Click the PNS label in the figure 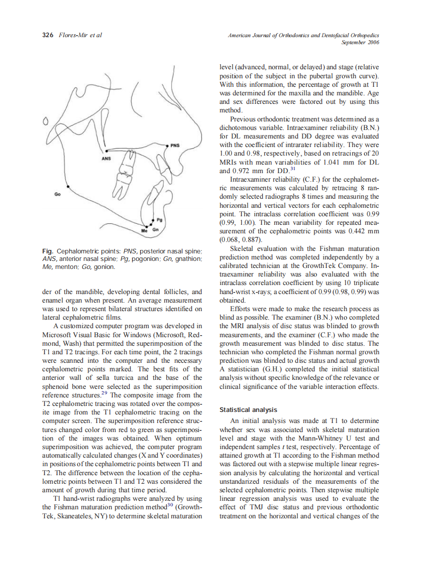pos(175,146)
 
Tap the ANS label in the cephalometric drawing pos(106,158)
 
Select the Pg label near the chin pos(160,219)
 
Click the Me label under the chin pos(144,230)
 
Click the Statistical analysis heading pos(248,409)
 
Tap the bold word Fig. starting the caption pos(48,250)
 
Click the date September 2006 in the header pos(360,43)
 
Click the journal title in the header pos(303,35)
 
